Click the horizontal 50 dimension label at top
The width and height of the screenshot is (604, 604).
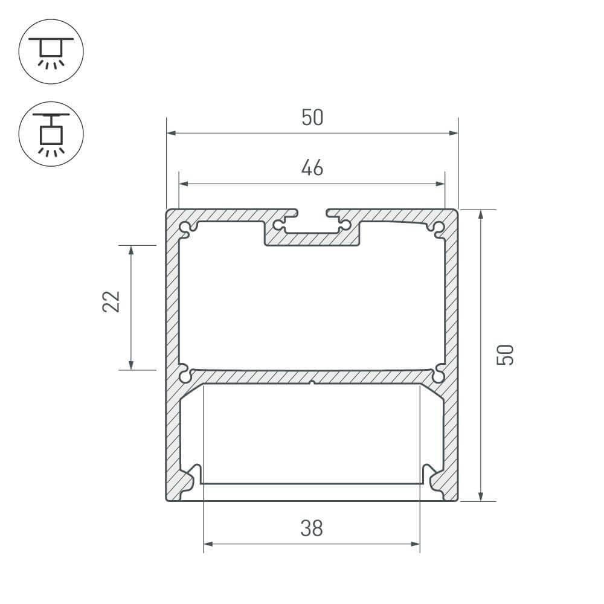tap(312, 117)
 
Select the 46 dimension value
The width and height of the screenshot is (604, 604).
tap(312, 168)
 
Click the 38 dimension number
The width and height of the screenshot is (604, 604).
tap(312, 528)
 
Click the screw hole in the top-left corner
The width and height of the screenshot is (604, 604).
tap(184, 228)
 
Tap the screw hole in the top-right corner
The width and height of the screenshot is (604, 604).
tap(439, 228)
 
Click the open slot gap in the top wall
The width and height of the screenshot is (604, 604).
tap(312, 213)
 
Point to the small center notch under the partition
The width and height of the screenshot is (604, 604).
tap(312, 382)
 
